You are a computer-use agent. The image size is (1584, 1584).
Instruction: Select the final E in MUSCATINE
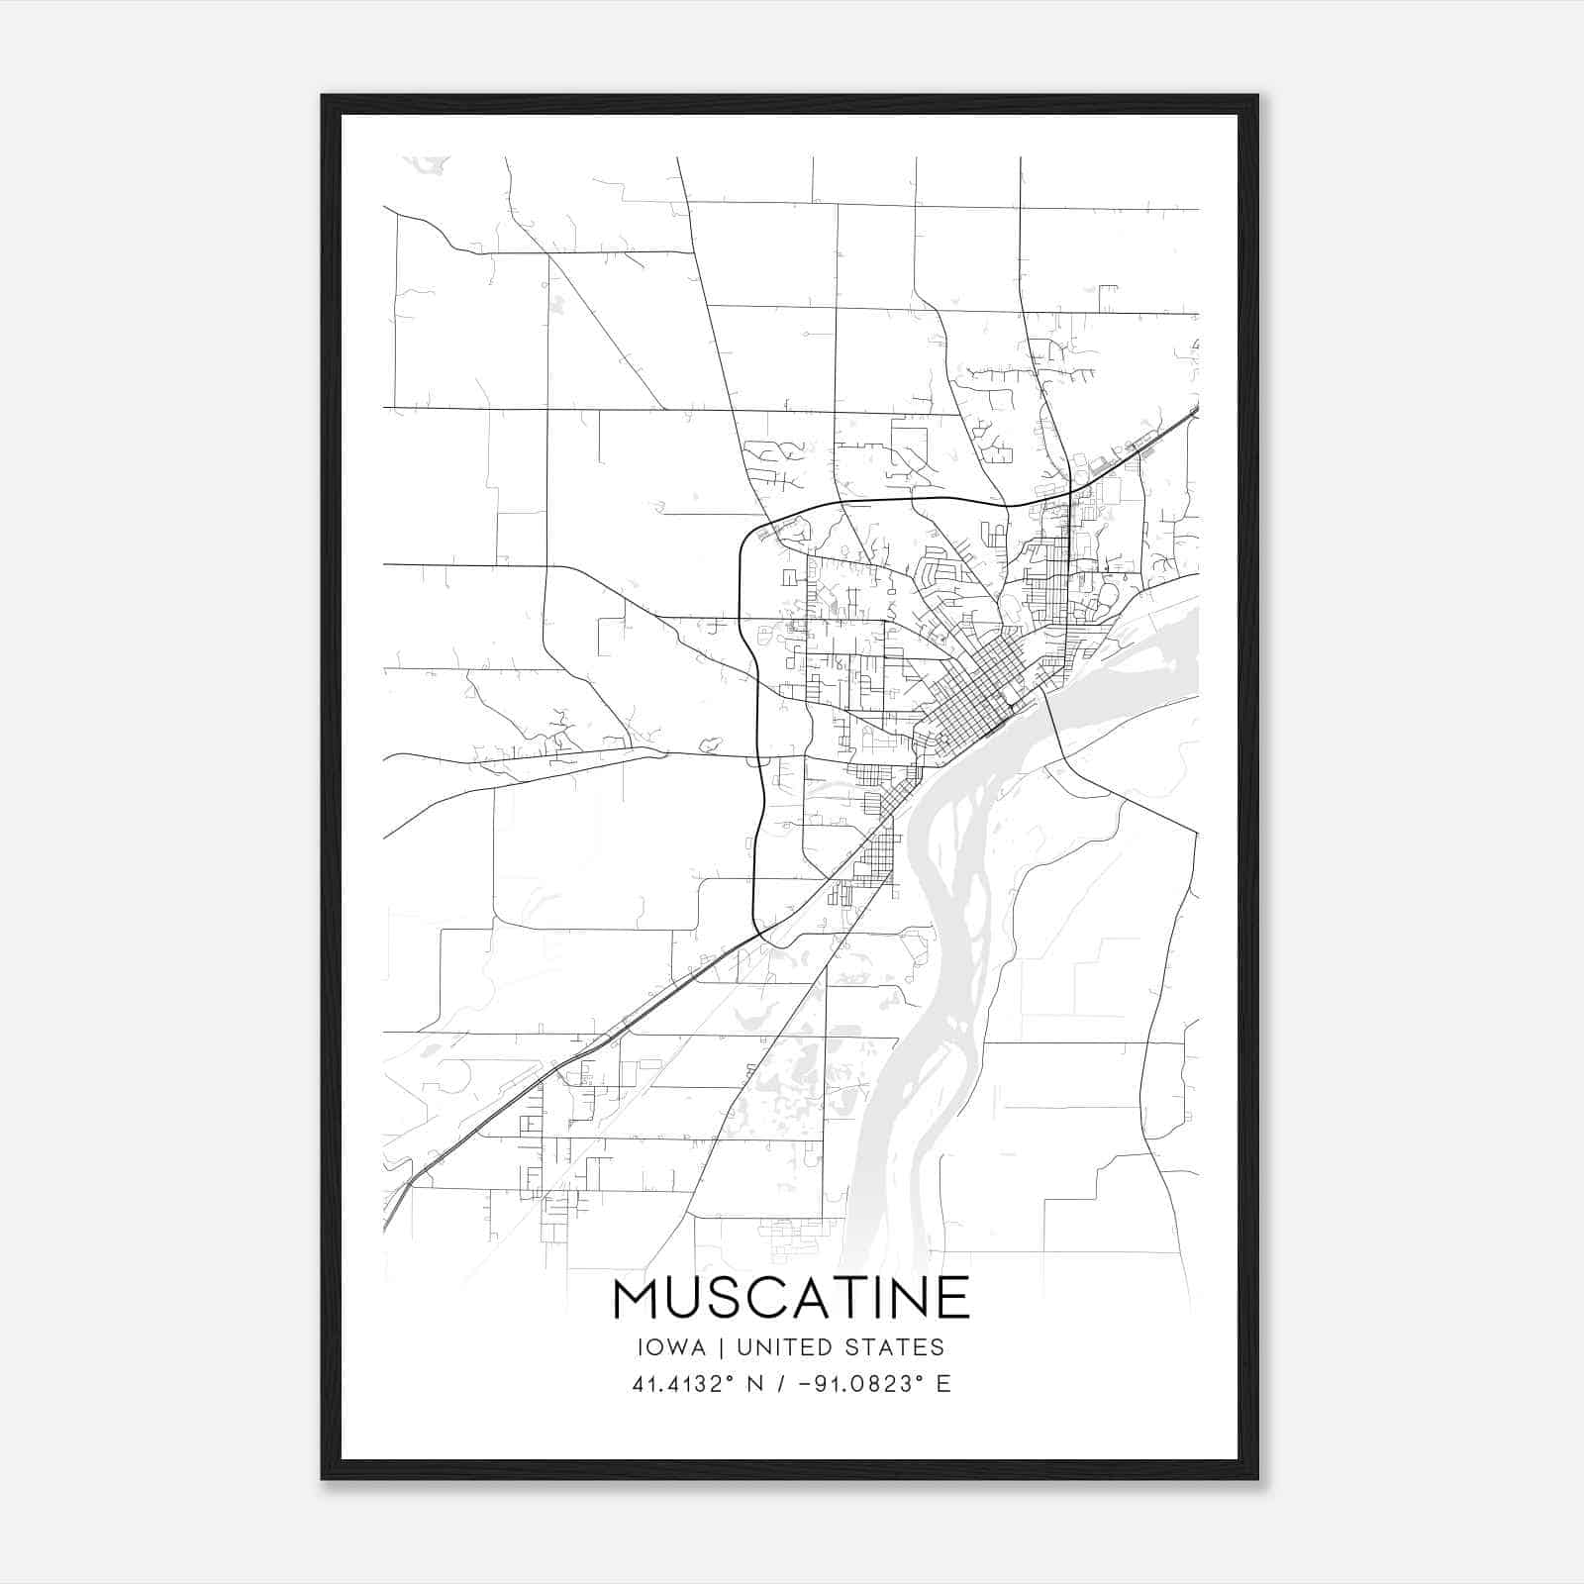tap(954, 1298)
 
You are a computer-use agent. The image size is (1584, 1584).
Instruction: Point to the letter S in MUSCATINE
tap(724, 1298)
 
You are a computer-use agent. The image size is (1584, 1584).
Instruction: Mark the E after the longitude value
tap(943, 1383)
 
